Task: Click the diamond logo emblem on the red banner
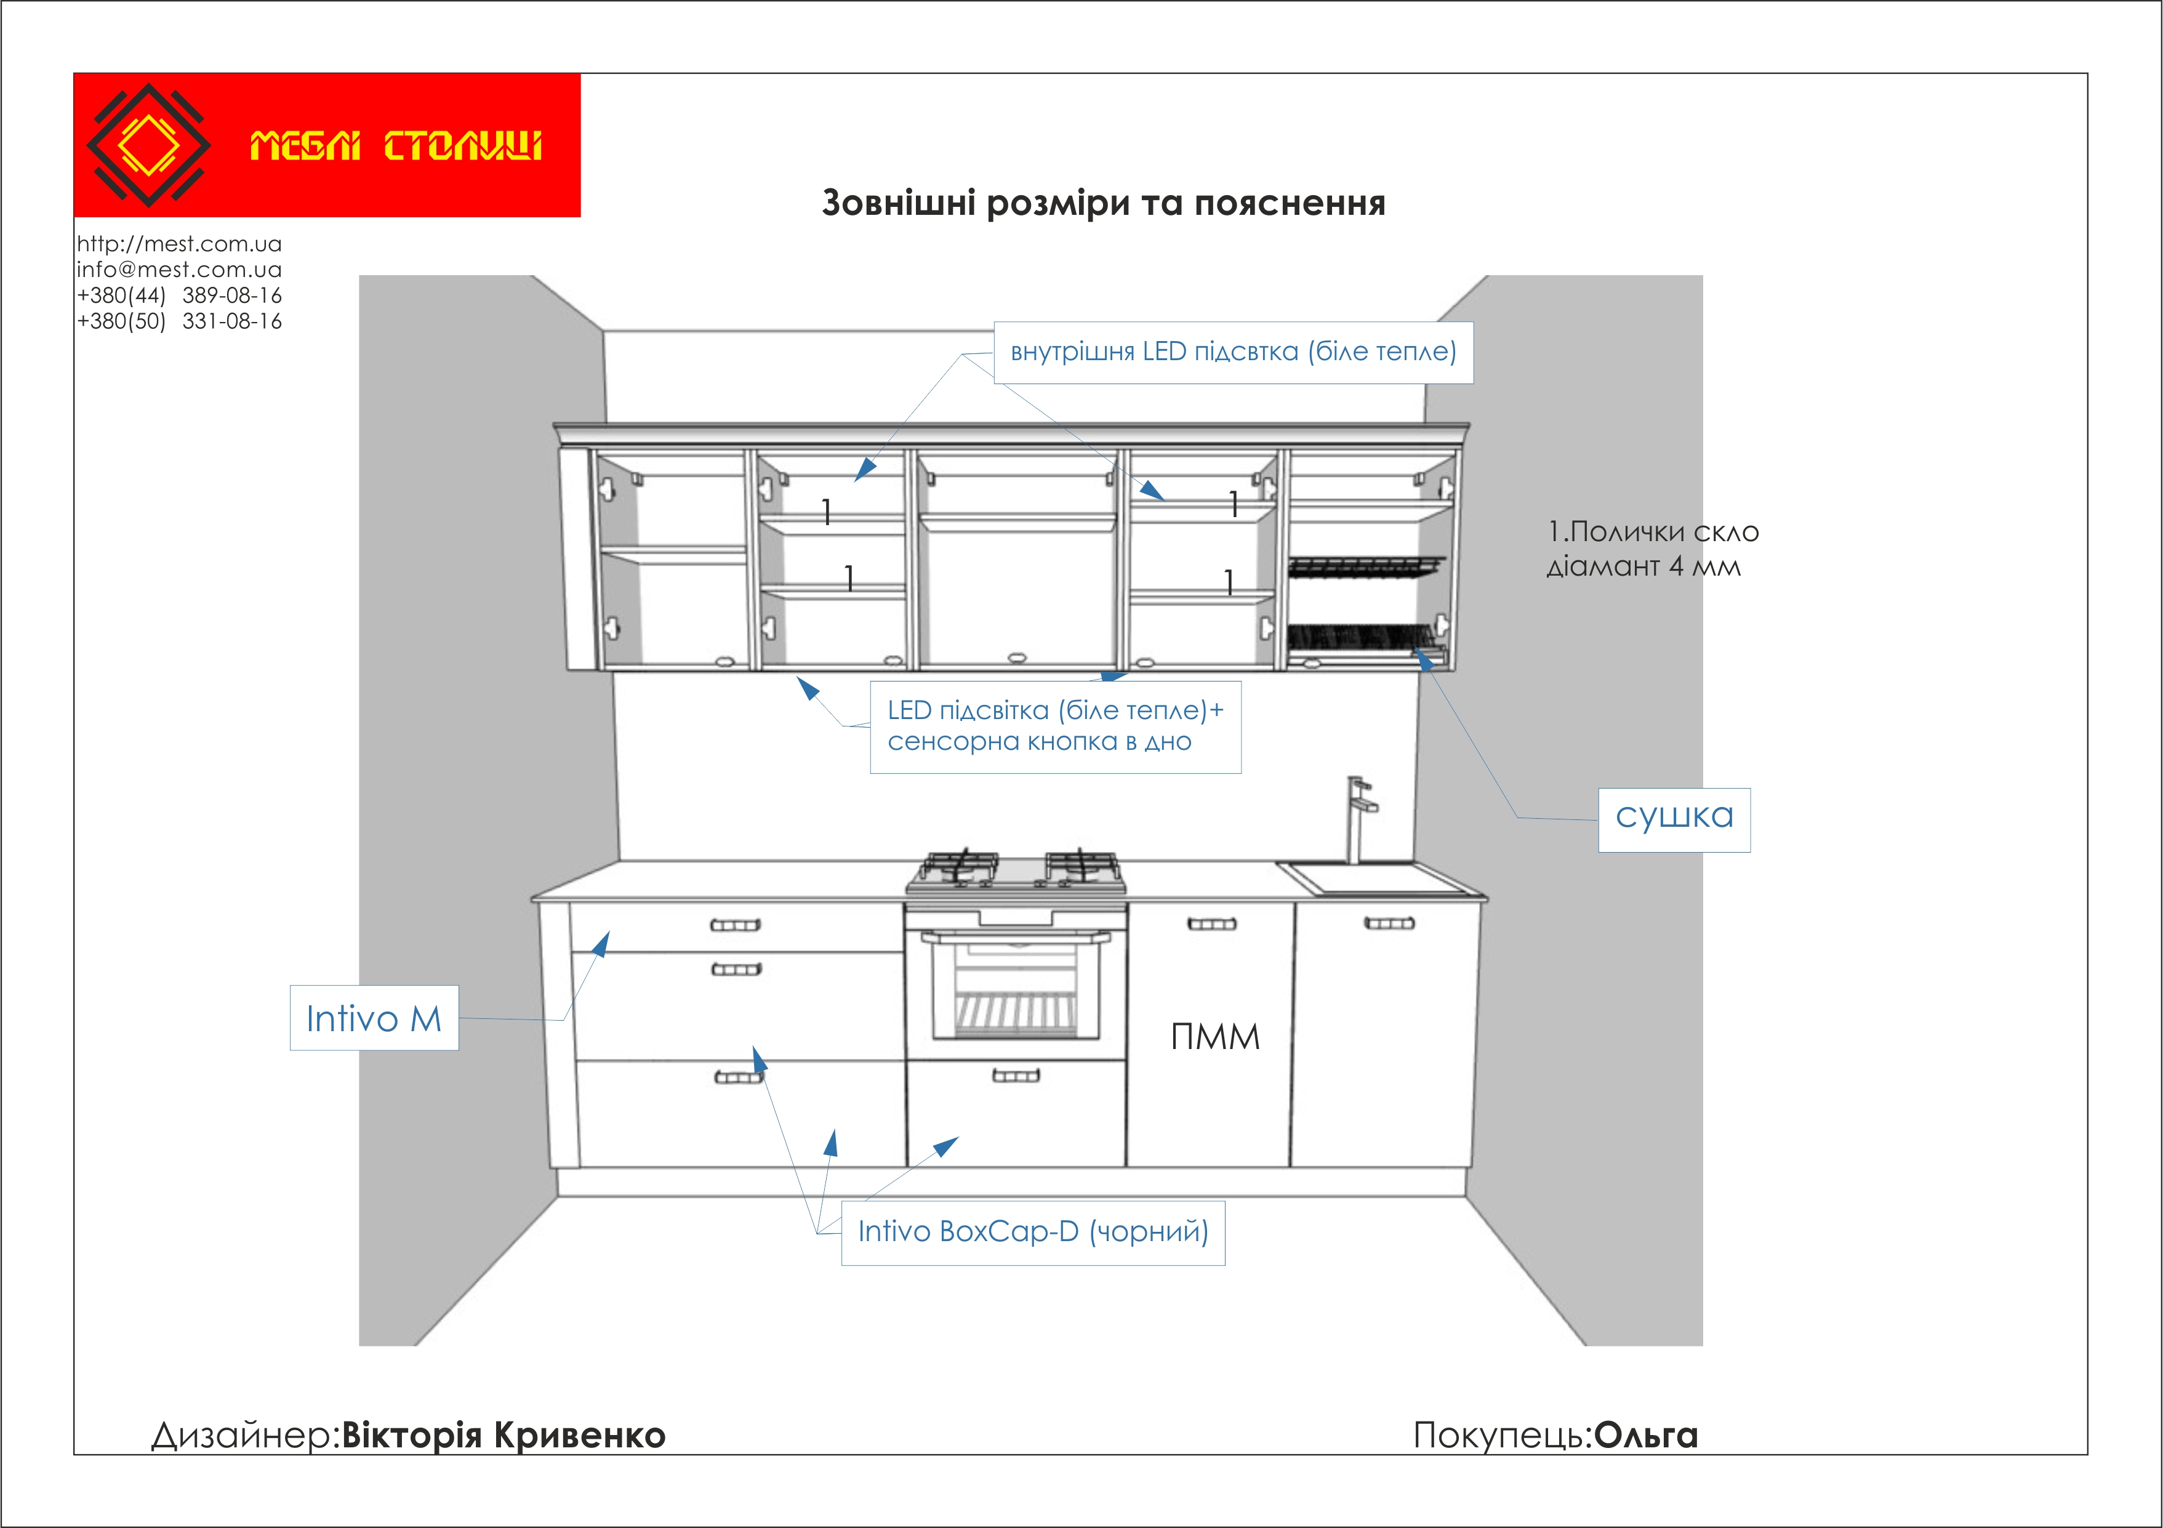(x=148, y=145)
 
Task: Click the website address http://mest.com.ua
(x=179, y=244)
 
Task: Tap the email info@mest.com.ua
(x=179, y=270)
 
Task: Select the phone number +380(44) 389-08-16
(x=179, y=296)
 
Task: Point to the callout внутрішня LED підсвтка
(x=1233, y=352)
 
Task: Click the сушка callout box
(x=1674, y=818)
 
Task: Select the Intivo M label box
(x=374, y=1018)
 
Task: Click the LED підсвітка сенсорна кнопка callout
(x=1055, y=726)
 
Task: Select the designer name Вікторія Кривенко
(x=503, y=1436)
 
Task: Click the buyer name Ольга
(x=1646, y=1436)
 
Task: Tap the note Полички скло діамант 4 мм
(x=1651, y=549)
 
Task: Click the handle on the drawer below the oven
(x=1016, y=1075)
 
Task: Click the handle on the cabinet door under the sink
(x=1389, y=923)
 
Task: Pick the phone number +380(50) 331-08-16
(x=179, y=321)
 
